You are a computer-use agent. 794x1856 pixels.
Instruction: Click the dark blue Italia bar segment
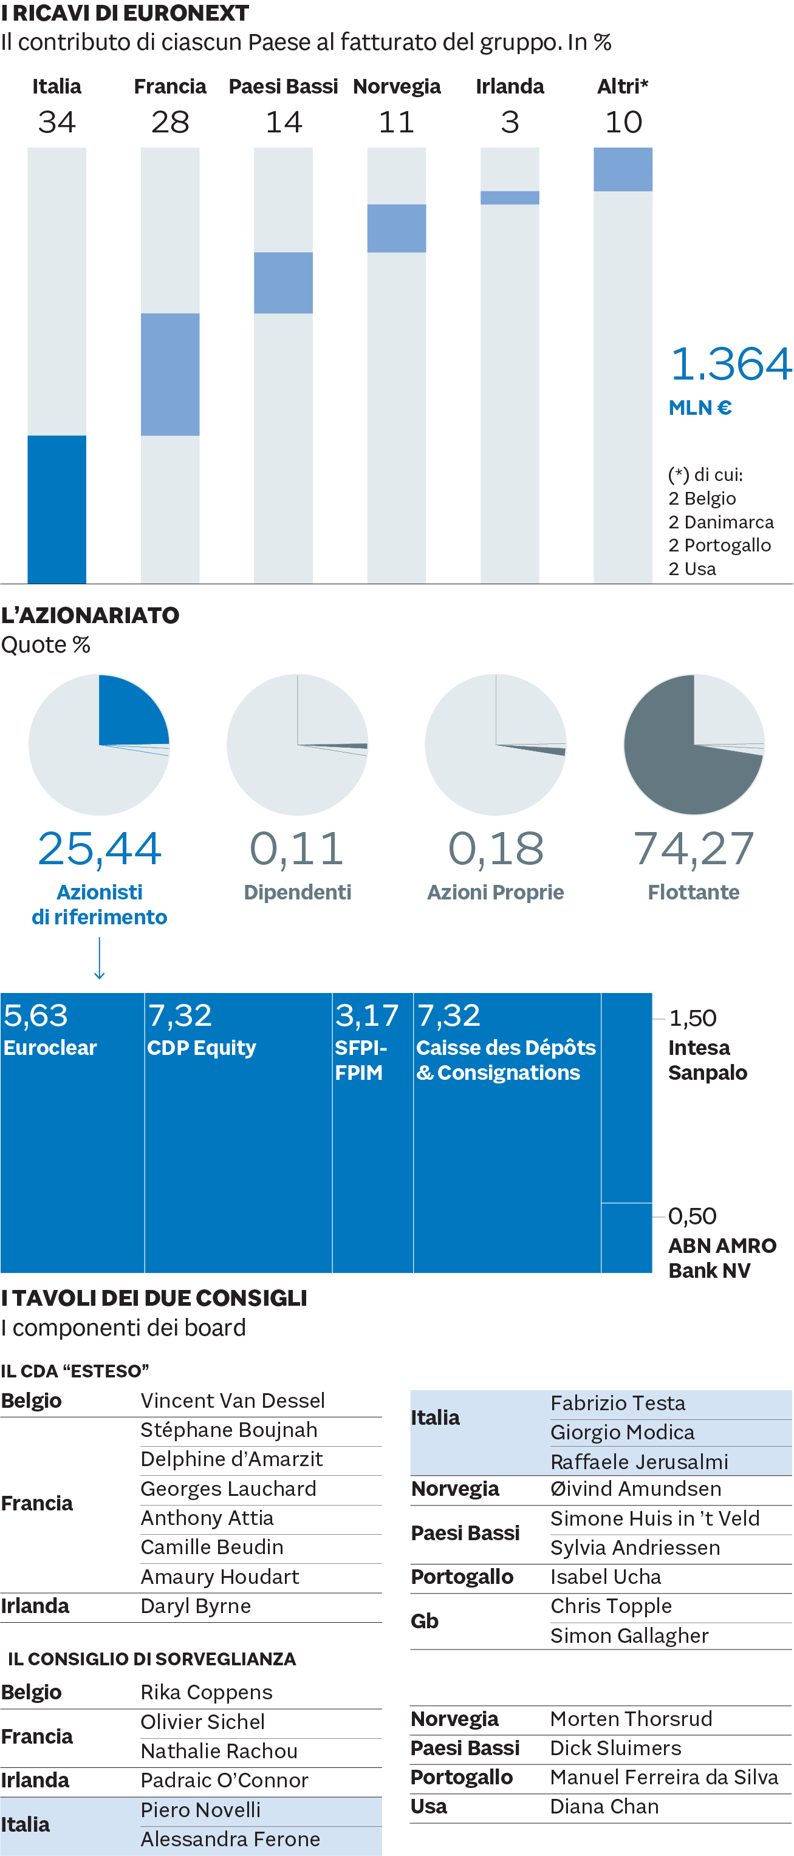tap(56, 509)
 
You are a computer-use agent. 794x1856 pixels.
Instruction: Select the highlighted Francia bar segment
tap(170, 374)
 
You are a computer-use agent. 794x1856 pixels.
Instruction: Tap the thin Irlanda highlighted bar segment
tap(510, 197)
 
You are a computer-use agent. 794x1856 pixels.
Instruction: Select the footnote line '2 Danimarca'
tap(720, 522)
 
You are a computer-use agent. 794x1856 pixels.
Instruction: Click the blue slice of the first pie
tap(129, 710)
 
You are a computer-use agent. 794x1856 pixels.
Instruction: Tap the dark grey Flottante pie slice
tap(677, 771)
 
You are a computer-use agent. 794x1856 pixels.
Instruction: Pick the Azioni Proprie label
tap(495, 892)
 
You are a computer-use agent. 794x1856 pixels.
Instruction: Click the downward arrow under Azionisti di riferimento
tap(100, 958)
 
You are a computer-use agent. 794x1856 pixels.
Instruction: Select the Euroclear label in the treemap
tap(50, 1048)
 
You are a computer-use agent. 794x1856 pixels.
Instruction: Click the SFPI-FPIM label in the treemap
tap(360, 1060)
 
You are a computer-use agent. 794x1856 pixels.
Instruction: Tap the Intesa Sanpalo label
tap(707, 1060)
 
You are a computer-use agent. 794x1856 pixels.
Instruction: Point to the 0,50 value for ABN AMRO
tap(692, 1216)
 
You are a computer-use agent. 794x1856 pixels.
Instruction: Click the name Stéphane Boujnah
tap(228, 1430)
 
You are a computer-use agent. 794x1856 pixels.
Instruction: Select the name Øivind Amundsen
tap(635, 1489)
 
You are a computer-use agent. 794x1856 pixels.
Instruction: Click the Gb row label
tap(425, 1620)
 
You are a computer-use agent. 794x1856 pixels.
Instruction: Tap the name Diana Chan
tap(604, 1806)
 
